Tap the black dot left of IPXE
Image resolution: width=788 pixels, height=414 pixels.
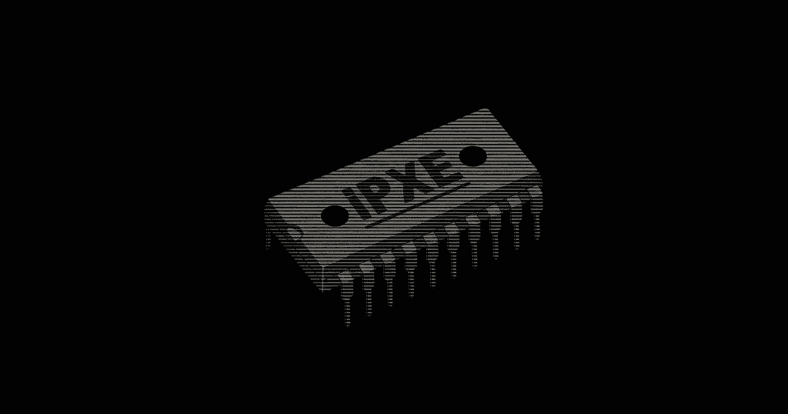tap(335, 215)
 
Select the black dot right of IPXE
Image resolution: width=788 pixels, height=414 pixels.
tap(472, 156)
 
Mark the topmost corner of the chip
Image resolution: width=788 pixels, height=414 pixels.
tap(485, 110)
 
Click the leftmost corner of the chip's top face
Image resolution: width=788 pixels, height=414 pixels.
tap(267, 205)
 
